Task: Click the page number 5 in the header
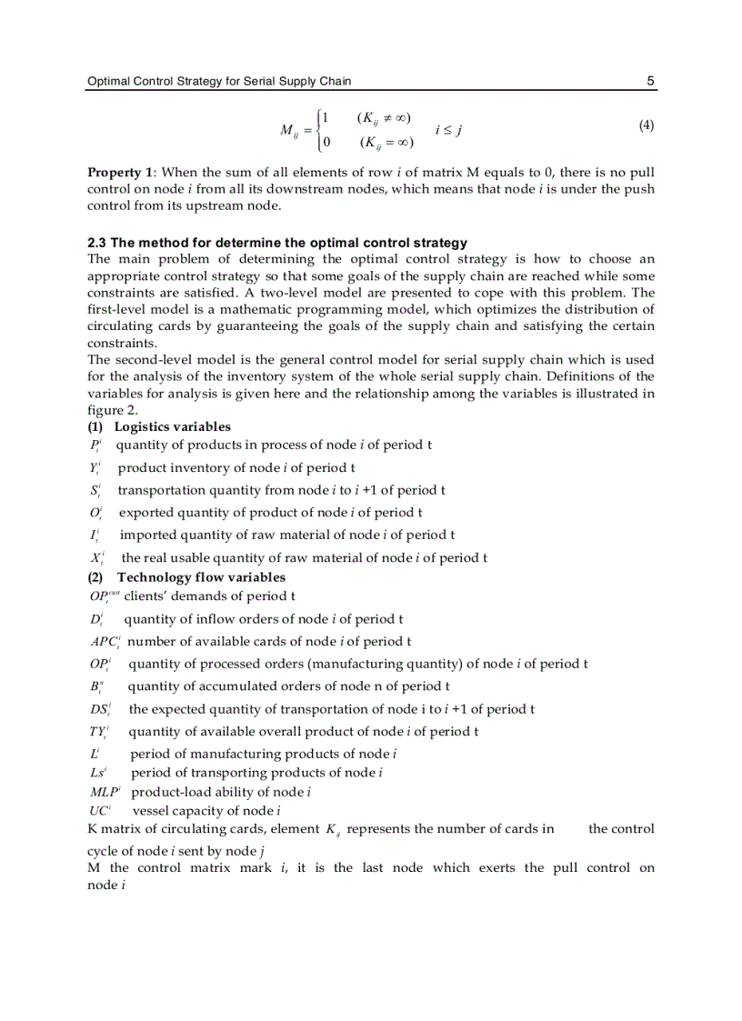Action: pos(650,81)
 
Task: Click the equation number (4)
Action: pos(646,125)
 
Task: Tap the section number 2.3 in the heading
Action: pos(97,243)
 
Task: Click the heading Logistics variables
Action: pos(172,426)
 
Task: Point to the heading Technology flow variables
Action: pos(201,577)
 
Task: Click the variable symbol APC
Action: pos(105,642)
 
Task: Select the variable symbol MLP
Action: pos(105,792)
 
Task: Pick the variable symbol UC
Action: pos(100,811)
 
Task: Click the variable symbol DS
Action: pos(100,709)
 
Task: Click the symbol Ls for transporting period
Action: pos(99,773)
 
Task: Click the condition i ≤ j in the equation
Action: pos(449,130)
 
